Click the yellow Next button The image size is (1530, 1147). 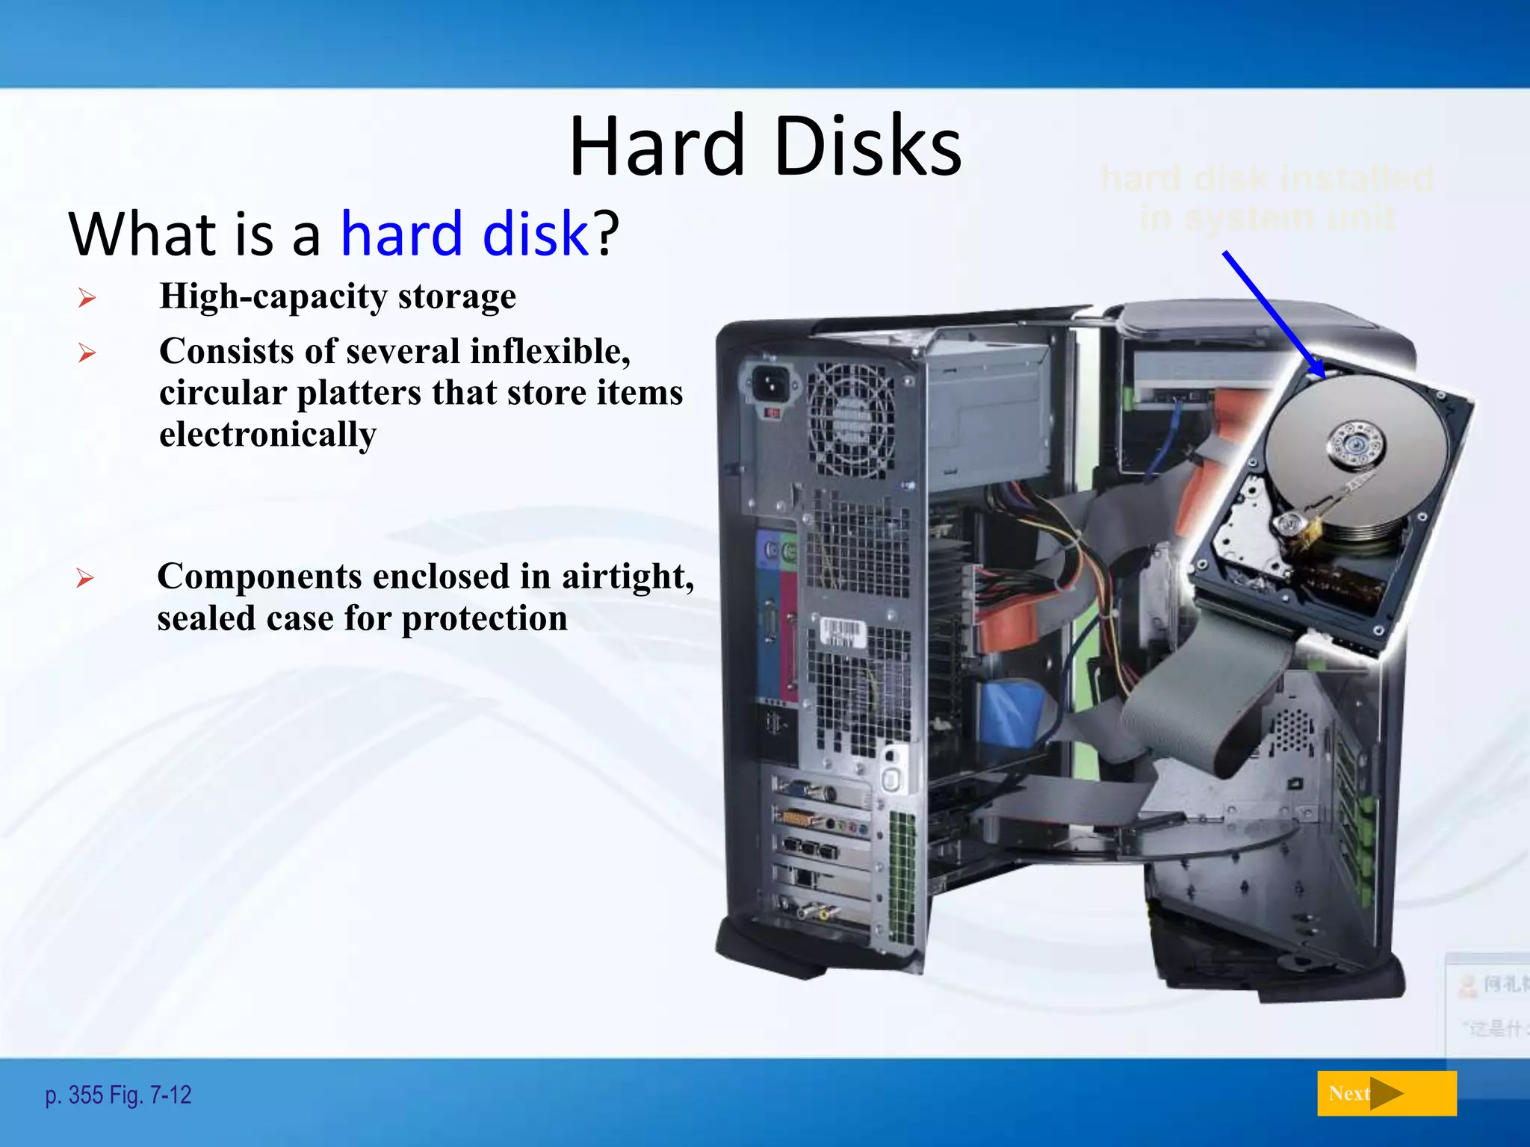(x=1386, y=1093)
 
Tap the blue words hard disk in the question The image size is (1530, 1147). (x=465, y=234)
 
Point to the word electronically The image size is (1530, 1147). (x=267, y=435)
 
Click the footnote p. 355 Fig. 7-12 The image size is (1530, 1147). (x=118, y=1095)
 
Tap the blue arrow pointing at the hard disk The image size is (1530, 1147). (x=1273, y=314)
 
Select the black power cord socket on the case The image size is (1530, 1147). (x=769, y=385)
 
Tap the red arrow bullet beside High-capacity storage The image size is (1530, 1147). (x=87, y=299)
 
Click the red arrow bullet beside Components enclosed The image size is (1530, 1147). (x=85, y=578)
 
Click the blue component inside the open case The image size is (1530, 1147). (x=1012, y=713)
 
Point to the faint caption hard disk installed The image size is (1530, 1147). (x=1267, y=179)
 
